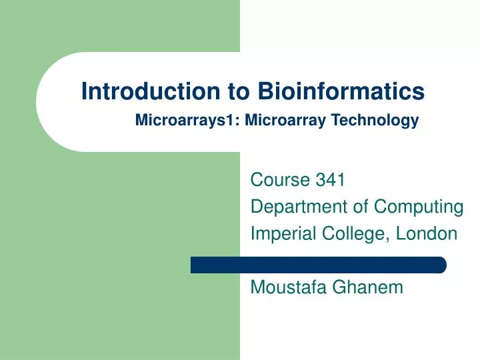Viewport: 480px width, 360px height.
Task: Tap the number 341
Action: (329, 180)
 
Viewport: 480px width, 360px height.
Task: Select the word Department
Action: (299, 207)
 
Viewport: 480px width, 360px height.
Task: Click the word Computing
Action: (418, 207)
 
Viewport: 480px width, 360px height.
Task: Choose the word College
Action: (351, 234)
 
